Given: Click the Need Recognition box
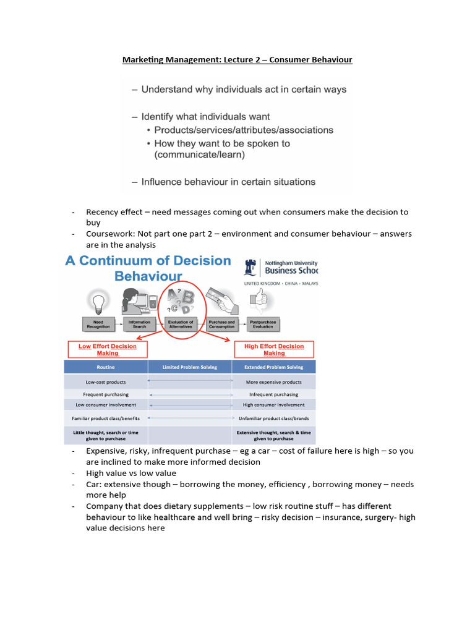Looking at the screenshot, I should (98, 323).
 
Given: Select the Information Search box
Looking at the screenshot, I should (139, 323).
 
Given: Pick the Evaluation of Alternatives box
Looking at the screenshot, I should (181, 323).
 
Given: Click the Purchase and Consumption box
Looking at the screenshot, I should (221, 323).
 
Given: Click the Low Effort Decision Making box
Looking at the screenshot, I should (107, 350).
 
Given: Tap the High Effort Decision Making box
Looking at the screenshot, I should (274, 350).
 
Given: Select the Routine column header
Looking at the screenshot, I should (106, 367).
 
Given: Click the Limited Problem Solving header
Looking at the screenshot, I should (190, 367).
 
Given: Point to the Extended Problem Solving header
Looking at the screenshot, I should (273, 367).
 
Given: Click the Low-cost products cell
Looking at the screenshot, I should (106, 382).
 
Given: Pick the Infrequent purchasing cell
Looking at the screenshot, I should (273, 394).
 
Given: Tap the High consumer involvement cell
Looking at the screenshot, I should (273, 405).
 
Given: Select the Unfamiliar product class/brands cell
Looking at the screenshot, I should (273, 418).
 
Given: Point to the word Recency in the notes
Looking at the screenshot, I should (101, 212).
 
